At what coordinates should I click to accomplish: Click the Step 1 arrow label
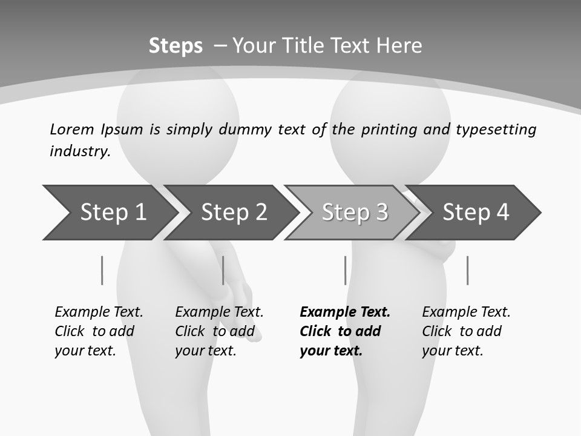(x=113, y=213)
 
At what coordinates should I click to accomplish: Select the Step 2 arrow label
(x=234, y=213)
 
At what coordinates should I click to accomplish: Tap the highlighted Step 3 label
(x=355, y=213)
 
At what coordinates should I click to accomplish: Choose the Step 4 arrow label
(x=476, y=213)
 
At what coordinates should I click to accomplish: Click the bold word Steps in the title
(x=176, y=46)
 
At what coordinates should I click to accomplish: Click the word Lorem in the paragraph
(x=71, y=129)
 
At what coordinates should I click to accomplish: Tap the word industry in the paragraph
(x=80, y=151)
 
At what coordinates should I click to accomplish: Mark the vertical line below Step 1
(x=102, y=270)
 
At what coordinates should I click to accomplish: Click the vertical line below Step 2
(x=223, y=270)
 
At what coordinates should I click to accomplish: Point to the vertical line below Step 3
(x=346, y=270)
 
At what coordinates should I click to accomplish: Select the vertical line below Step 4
(x=468, y=270)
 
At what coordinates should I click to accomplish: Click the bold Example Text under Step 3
(x=345, y=312)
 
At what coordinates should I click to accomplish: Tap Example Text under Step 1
(x=99, y=312)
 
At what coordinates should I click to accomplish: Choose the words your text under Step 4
(x=452, y=351)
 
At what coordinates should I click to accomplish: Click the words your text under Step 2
(x=205, y=351)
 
